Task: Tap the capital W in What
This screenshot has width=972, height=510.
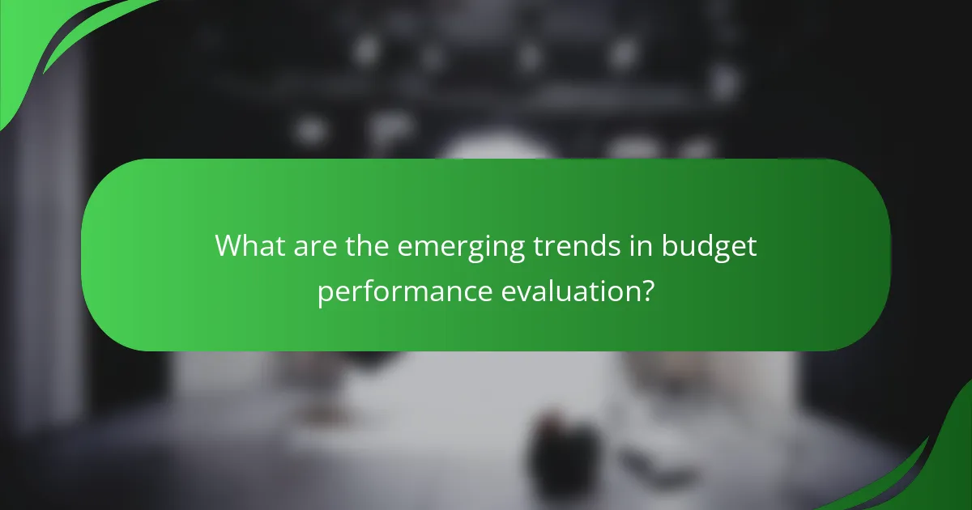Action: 228,246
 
